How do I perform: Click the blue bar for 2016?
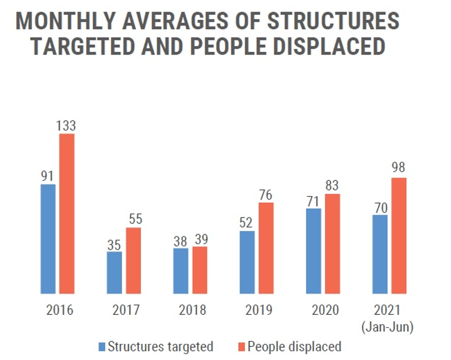(48, 238)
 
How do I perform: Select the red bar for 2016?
(67, 213)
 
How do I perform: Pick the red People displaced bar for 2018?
(200, 269)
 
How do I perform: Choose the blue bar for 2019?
(247, 261)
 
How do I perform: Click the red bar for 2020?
(332, 243)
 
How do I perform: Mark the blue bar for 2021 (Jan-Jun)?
(380, 254)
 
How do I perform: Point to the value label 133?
(67, 126)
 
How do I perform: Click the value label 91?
(48, 176)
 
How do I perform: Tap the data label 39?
(200, 239)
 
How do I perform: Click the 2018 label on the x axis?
(192, 310)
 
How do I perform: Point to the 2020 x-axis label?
(325, 310)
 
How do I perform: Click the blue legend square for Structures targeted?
(103, 347)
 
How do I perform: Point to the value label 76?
(266, 194)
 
